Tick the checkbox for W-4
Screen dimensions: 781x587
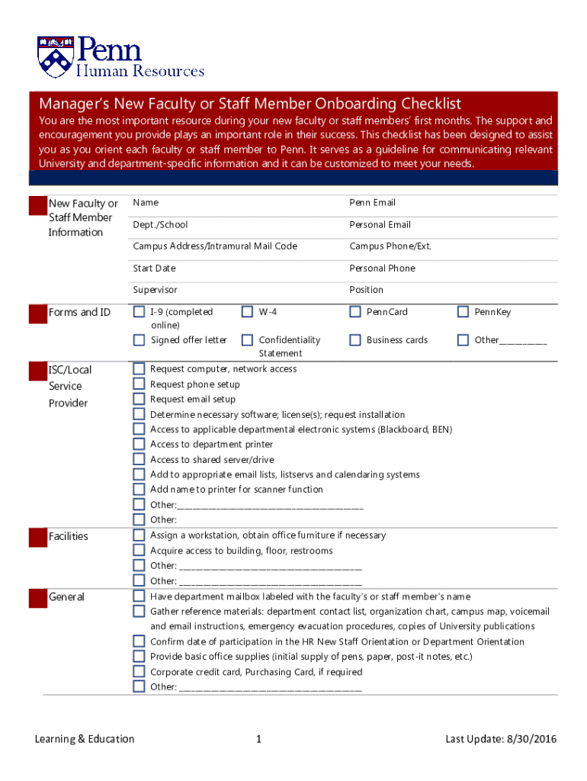[247, 311]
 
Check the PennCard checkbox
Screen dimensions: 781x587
[355, 311]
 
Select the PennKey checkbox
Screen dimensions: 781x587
[463, 311]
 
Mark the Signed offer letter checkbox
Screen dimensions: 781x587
[139, 340]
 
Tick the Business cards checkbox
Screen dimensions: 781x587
[355, 340]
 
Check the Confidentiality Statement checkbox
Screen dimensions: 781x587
[247, 340]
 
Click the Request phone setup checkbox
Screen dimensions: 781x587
[139, 384]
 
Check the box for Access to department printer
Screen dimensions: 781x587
[139, 444]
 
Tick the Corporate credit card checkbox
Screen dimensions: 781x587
[139, 672]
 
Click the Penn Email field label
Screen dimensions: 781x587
[372, 203]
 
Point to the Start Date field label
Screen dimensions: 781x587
[154, 268]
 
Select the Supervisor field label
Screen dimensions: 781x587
[155, 290]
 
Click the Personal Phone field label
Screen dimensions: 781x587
[382, 268]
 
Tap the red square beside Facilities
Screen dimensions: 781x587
[37, 537]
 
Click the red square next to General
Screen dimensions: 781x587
[37, 598]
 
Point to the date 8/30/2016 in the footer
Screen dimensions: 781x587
[531, 739]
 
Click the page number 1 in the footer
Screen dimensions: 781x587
[259, 739]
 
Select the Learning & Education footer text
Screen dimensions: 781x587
[84, 739]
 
